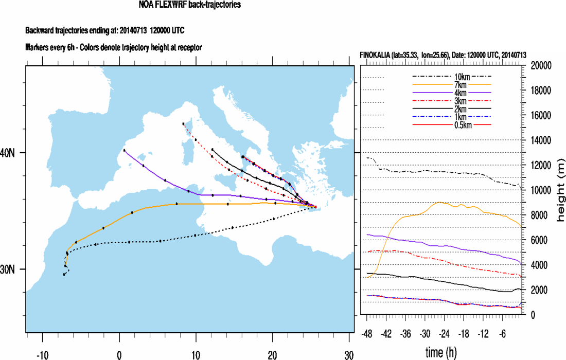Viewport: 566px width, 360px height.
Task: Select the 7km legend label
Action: coord(453,85)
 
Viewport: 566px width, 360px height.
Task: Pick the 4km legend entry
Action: coord(453,93)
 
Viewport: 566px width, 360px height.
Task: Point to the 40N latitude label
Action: coord(12,153)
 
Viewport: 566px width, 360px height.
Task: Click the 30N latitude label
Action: coord(12,269)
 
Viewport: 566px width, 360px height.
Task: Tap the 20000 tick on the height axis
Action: coord(541,65)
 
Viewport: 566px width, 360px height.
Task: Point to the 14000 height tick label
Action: coord(541,140)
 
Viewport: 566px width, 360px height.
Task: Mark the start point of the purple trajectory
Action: coord(125,150)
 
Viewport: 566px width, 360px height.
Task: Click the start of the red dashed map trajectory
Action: coord(183,124)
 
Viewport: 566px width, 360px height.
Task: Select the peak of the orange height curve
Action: coord(439,202)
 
